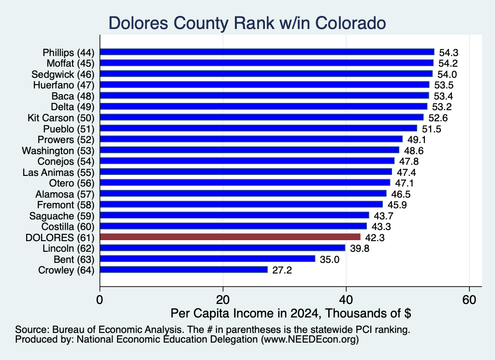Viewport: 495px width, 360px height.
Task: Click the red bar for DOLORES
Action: pyautogui.click(x=230, y=237)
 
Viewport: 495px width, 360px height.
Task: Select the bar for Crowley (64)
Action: pyautogui.click(x=184, y=270)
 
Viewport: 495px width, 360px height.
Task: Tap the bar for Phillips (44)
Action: pyautogui.click(x=267, y=52)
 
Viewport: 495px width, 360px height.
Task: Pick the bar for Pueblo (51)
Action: pyautogui.click(x=259, y=129)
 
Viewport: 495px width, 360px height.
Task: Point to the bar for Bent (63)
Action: pyautogui.click(x=208, y=259)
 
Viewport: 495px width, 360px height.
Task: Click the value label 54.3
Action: pyautogui.click(x=449, y=53)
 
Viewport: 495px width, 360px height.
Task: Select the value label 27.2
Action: pyautogui.click(x=282, y=270)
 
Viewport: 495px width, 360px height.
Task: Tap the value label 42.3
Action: pyautogui.click(x=375, y=238)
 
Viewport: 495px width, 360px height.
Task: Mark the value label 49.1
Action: pyautogui.click(x=417, y=140)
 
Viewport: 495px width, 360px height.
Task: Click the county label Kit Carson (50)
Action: pyautogui.click(x=61, y=118)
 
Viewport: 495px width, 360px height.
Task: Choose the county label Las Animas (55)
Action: pyautogui.click(x=58, y=173)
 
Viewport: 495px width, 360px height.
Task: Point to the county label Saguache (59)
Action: pyautogui.click(x=62, y=216)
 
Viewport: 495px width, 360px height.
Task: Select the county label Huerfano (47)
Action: pyautogui.click(x=64, y=85)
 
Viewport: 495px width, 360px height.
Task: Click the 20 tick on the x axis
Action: pyautogui.click(x=223, y=300)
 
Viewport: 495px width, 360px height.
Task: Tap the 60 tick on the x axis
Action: pyautogui.click(x=469, y=300)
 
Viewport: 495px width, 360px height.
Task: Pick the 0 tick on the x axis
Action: pyautogui.click(x=100, y=300)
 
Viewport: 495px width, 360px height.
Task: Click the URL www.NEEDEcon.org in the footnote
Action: pyautogui.click(x=309, y=340)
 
